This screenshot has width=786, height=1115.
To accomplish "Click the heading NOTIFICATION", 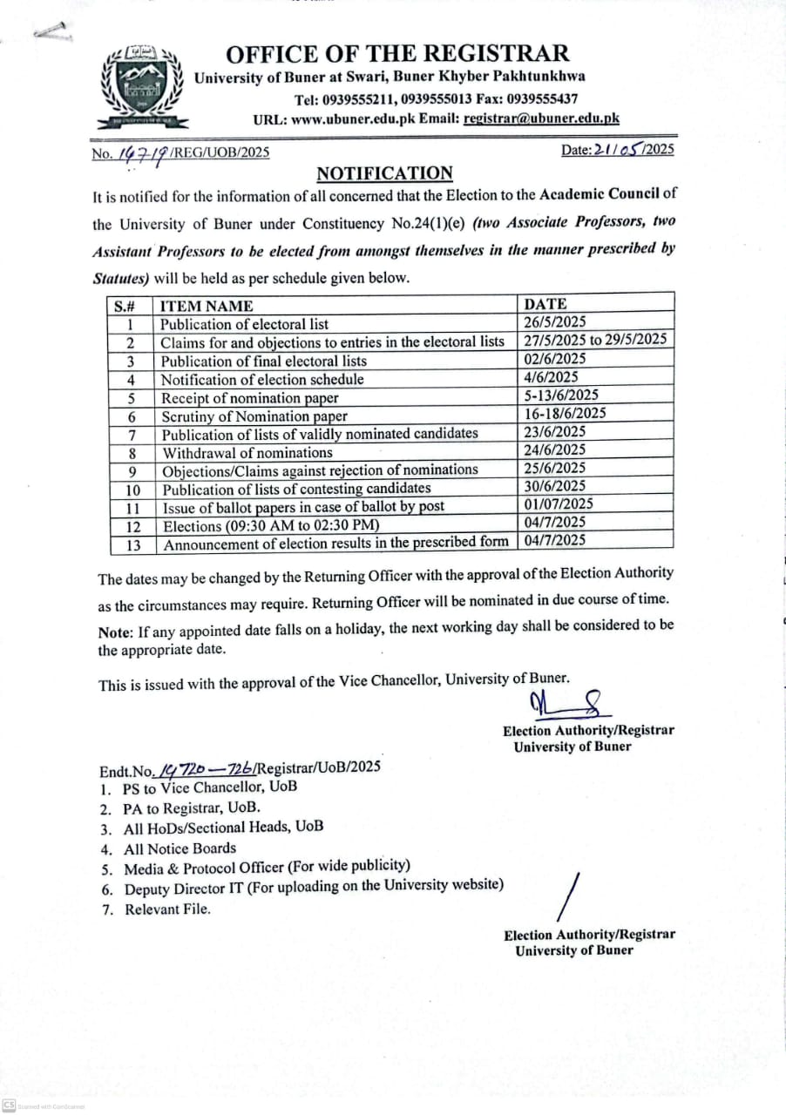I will pos(384,172).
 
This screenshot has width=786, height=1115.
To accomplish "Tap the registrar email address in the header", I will pos(541,119).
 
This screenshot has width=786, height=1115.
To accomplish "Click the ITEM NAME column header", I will pos(207,306).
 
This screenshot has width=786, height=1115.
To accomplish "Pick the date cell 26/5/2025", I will pos(554,322).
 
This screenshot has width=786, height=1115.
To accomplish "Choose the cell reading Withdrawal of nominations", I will pos(247,452).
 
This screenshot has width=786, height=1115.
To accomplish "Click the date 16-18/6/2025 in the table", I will pos(566,414).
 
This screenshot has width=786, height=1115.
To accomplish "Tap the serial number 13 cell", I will pos(132,544).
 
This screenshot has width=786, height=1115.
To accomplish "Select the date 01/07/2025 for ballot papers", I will pos(559,504).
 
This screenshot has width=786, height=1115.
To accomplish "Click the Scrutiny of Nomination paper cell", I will pos(254,416).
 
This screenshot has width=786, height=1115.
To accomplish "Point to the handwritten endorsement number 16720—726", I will pos(203,768).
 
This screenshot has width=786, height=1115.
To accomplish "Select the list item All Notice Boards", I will pos(180,848).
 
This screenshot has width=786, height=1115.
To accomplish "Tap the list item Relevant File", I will pos(167,909).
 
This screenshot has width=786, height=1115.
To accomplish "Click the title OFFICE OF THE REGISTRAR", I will pos(397,53).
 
